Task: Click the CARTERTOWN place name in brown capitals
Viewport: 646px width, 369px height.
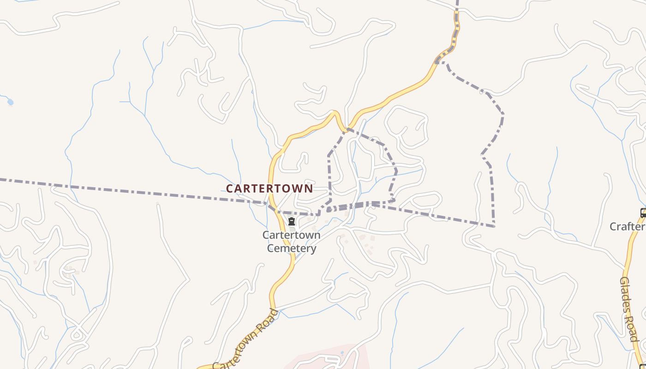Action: [x=269, y=189]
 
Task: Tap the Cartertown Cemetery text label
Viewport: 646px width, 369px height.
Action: [x=291, y=241]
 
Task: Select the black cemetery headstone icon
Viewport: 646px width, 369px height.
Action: [x=291, y=222]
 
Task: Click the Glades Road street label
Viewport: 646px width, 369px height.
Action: [x=628, y=309]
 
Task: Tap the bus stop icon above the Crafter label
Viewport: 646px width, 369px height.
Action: [x=643, y=213]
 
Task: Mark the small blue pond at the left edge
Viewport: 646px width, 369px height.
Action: [x=10, y=102]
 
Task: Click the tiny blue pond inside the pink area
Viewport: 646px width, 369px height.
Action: [x=342, y=353]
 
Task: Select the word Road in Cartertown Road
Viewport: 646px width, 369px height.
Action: [x=266, y=321]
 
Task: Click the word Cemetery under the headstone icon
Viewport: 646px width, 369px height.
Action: [x=292, y=248]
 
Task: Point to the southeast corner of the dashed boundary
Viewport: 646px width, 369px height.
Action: [x=494, y=226]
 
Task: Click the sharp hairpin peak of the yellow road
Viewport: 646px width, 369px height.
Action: [x=334, y=112]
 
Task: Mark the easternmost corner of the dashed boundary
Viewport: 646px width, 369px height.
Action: [x=502, y=114]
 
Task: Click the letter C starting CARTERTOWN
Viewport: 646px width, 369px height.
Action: [x=229, y=189]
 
